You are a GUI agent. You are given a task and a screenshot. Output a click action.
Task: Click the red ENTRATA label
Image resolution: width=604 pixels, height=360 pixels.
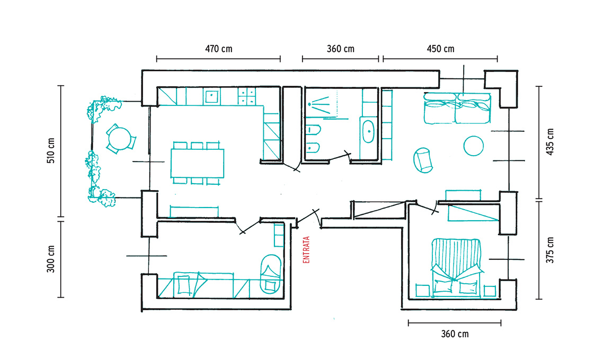tap(307, 250)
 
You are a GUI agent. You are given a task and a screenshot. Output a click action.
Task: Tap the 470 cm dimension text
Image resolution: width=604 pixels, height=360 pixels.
tap(218, 49)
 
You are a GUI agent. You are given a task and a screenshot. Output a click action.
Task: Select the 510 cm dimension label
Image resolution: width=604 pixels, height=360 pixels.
tap(51, 150)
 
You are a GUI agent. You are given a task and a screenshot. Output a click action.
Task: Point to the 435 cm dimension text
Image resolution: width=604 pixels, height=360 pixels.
tap(550, 142)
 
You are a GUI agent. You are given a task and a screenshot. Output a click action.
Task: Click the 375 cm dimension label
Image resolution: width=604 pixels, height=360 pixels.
tap(550, 250)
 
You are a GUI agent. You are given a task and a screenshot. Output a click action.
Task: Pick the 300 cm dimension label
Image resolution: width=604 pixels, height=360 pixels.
tap(51, 259)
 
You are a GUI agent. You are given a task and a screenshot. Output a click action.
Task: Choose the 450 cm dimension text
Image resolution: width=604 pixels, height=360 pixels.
tap(440, 49)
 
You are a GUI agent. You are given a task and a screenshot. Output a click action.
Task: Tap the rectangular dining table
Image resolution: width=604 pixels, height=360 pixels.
tap(197, 163)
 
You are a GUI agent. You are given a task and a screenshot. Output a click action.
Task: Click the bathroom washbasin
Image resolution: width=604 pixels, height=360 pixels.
tap(369, 132)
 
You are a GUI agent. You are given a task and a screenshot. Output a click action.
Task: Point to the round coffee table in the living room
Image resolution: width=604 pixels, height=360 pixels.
tap(474, 146)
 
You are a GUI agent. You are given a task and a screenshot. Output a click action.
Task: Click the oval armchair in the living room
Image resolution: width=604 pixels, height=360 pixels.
tap(423, 160)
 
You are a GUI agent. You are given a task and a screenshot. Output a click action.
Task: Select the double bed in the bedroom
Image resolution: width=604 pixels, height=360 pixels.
tap(457, 268)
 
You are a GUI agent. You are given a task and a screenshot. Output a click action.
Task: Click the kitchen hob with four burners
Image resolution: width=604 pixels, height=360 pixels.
tap(246, 96)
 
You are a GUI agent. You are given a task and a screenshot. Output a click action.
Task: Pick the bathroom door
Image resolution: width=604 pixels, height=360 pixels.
tap(340, 157)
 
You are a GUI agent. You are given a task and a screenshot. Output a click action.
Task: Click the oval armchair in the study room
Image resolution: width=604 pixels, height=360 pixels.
tap(271, 274)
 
